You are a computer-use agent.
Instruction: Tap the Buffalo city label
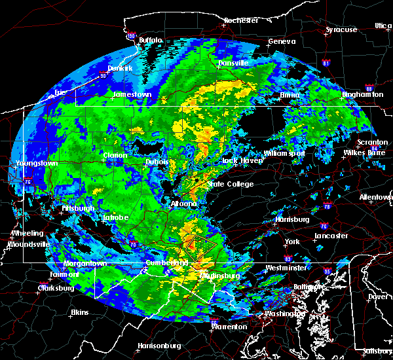point(150,41)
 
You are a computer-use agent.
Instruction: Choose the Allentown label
point(376,197)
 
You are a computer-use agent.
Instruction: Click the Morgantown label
point(84,264)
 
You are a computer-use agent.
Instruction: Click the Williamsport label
point(284,153)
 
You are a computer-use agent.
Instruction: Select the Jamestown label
point(133,95)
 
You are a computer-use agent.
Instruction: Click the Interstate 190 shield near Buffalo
point(131,35)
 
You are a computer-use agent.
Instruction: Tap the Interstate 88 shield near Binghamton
point(369,90)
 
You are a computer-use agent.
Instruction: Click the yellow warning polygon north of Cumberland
point(201,247)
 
